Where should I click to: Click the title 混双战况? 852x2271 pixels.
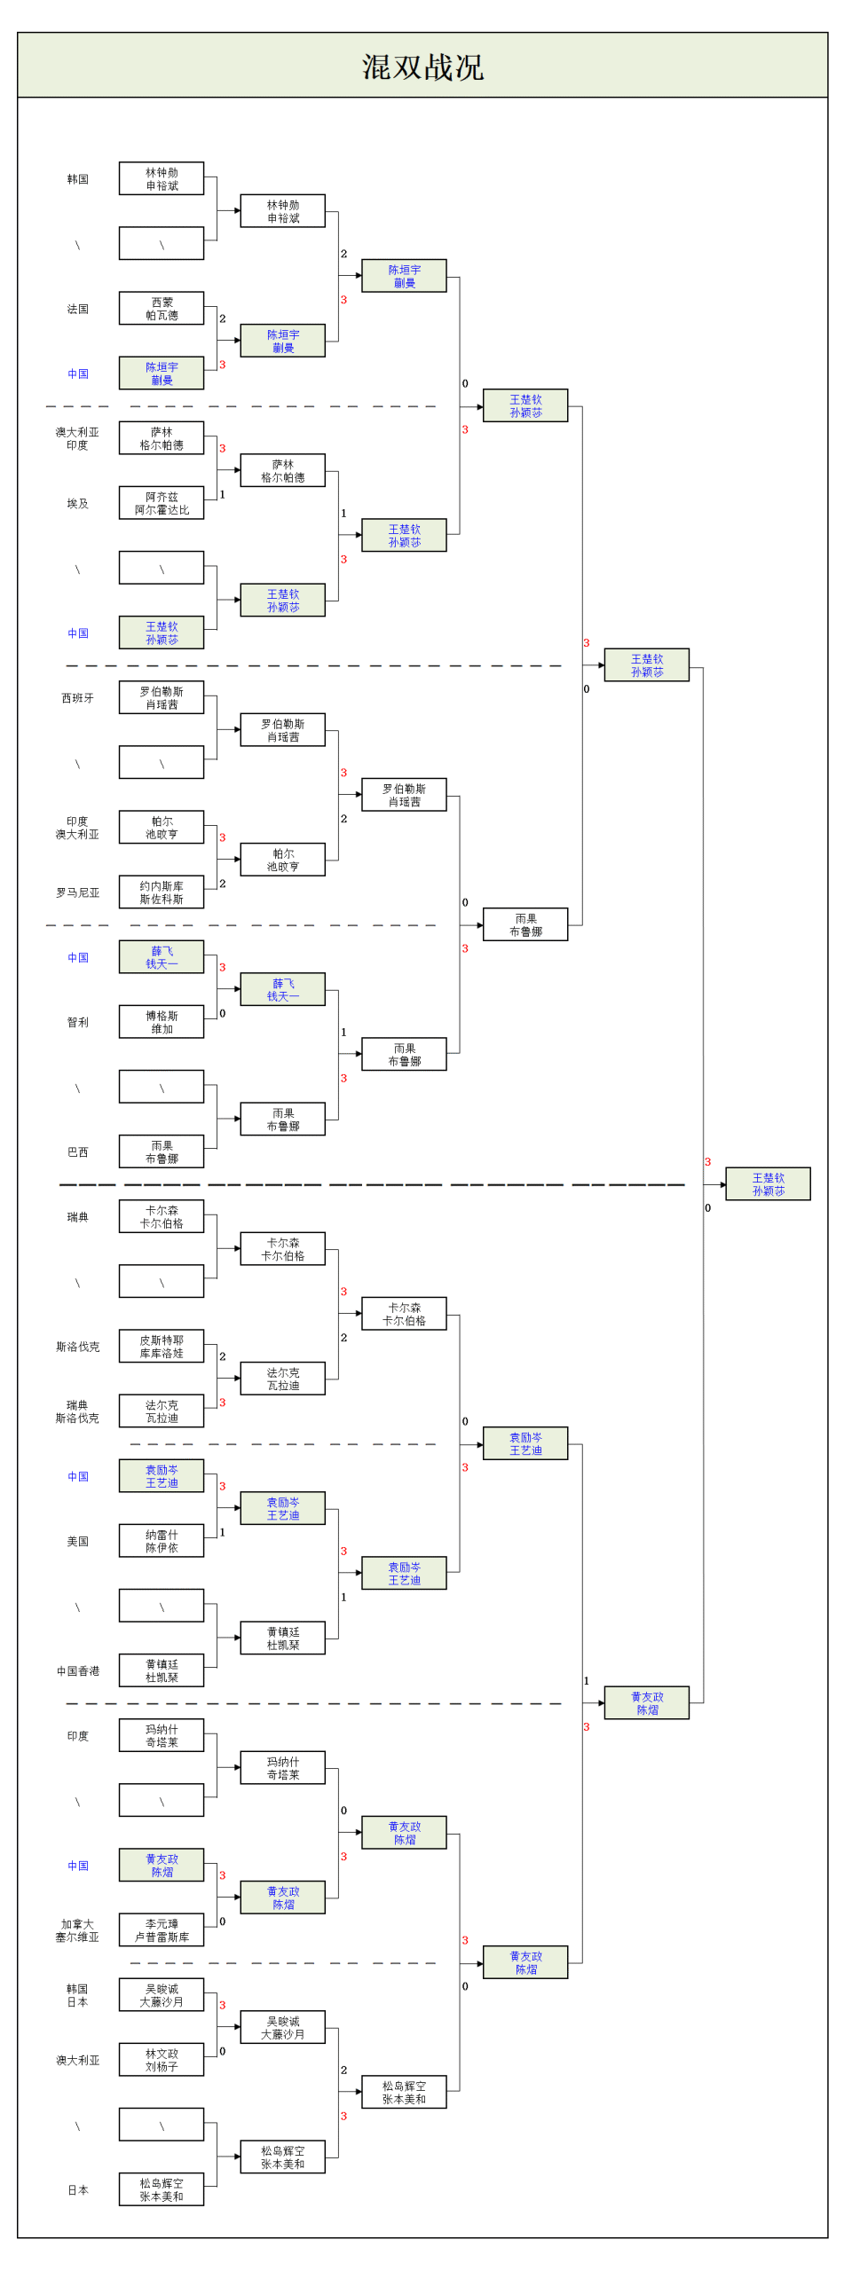[x=422, y=67]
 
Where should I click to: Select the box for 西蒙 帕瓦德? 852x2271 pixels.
[x=162, y=309]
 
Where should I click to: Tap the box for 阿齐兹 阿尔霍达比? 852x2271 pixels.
[x=162, y=503]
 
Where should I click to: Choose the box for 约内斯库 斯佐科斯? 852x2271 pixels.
[x=162, y=892]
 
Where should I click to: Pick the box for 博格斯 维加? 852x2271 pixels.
[x=162, y=1022]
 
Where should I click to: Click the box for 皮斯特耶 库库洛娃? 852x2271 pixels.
[x=162, y=1347]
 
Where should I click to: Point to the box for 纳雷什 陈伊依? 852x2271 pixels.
[x=162, y=1541]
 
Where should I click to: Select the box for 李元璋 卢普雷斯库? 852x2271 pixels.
[x=162, y=1930]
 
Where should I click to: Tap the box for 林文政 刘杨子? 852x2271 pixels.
[x=162, y=2060]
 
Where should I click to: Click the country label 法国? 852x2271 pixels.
[x=78, y=309]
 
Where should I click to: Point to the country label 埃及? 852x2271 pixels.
[x=78, y=503]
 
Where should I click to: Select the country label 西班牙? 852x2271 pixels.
[x=78, y=698]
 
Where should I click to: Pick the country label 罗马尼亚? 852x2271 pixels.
[x=78, y=892]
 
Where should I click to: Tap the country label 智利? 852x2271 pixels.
[x=78, y=1022]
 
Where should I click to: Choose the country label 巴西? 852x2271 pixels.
[x=78, y=1151]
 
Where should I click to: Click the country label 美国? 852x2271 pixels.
[x=78, y=1541]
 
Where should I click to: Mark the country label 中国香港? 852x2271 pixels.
[x=78, y=1670]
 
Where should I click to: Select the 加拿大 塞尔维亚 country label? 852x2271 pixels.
[x=78, y=1930]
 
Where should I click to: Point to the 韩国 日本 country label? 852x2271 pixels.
[x=78, y=1995]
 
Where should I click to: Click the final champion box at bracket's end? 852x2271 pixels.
[x=768, y=1184]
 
